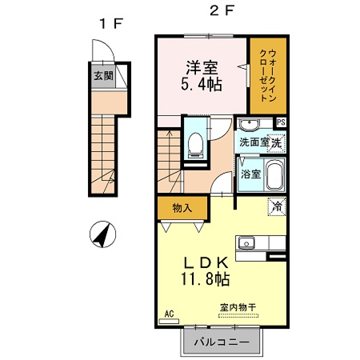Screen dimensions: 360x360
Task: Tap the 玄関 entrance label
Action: click(102, 77)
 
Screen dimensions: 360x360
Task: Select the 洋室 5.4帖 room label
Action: click(200, 77)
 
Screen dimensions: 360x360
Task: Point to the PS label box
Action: click(281, 122)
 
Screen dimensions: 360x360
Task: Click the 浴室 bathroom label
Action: click(250, 174)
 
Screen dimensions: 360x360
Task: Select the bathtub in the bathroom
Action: click(274, 174)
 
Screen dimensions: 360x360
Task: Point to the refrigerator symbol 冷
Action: click(276, 206)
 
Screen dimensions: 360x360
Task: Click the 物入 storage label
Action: click(182, 208)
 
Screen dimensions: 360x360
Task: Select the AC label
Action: click(169, 314)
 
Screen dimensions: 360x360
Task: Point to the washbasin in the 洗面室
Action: click(249, 124)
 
